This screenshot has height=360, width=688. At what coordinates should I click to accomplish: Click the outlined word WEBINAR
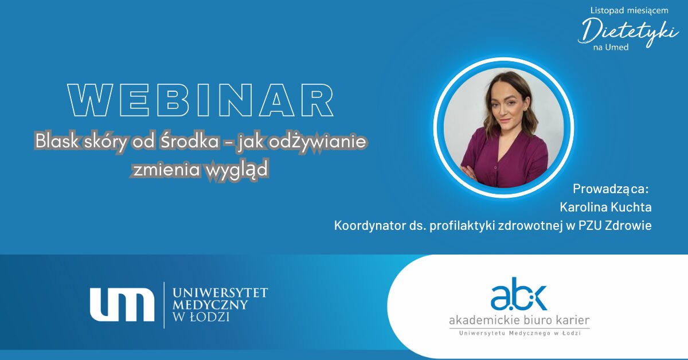[x=201, y=100]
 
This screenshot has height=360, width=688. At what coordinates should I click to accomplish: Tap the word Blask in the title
[x=57, y=141]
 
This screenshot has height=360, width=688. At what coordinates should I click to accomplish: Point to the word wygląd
[x=236, y=170]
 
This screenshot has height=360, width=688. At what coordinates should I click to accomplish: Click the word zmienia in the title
[x=166, y=170]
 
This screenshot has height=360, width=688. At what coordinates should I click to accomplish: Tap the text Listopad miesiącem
[x=630, y=10]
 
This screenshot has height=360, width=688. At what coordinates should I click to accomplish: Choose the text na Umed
[x=611, y=48]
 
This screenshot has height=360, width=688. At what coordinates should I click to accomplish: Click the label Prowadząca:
[x=611, y=189]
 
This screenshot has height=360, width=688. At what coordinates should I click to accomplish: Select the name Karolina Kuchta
[x=605, y=207]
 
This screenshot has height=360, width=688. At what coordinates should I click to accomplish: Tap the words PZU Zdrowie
[x=615, y=225]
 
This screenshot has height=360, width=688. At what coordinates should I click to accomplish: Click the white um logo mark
[x=122, y=304]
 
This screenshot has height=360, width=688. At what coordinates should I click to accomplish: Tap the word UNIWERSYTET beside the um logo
[x=220, y=293]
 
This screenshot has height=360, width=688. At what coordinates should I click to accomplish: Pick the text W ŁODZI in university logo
[x=201, y=317]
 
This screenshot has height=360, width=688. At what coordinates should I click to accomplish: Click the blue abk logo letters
[x=518, y=294]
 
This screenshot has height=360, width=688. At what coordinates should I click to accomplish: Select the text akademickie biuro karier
[x=519, y=320]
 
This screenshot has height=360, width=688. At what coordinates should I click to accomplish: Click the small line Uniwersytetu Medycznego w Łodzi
[x=519, y=333]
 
